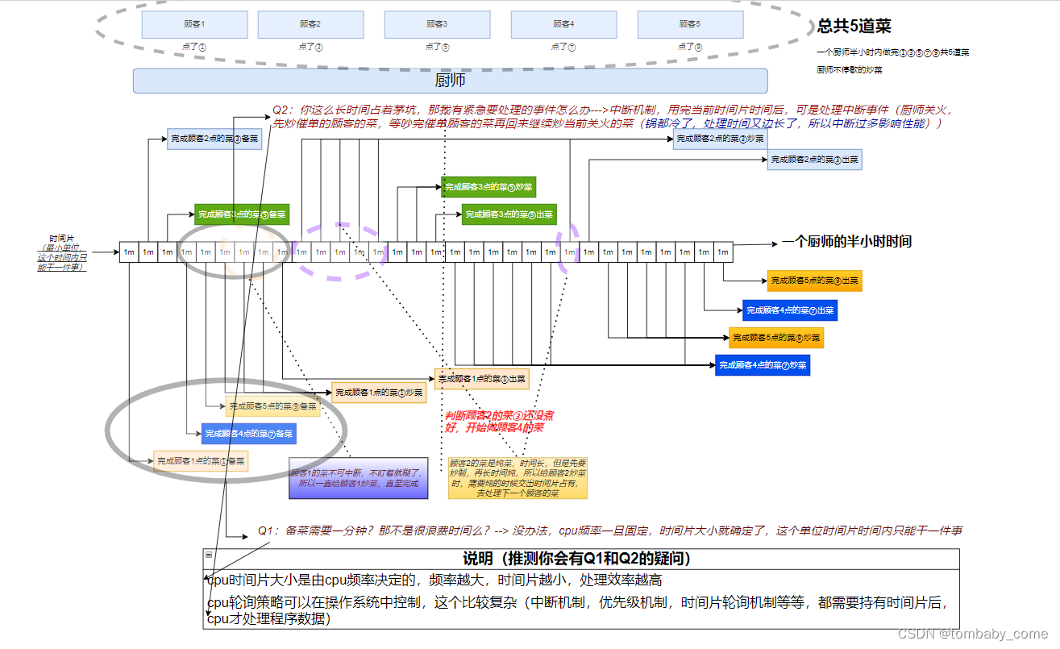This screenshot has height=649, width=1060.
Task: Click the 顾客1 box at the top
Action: [x=194, y=24]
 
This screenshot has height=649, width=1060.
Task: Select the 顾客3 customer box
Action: [x=437, y=24]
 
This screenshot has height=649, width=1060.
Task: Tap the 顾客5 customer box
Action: [x=689, y=24]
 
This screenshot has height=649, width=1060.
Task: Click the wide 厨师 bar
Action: [x=450, y=81]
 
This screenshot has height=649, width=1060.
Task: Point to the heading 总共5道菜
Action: [x=854, y=26]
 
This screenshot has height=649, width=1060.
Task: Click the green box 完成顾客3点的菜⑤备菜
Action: [x=241, y=214]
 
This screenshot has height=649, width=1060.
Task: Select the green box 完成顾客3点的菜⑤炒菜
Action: [x=488, y=187]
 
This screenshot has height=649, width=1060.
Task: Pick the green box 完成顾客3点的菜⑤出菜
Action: [x=509, y=214]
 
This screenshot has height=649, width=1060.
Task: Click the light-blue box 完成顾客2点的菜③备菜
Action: [x=214, y=139]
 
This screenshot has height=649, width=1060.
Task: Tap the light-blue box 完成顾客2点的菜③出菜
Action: [x=814, y=160]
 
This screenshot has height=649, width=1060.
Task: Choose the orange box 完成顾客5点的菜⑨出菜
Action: [x=814, y=281]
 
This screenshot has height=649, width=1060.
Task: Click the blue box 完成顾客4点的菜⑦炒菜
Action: [x=763, y=365]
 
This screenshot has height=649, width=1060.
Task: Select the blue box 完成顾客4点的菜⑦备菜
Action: [x=248, y=434]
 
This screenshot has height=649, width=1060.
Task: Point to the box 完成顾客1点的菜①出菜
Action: [x=482, y=378]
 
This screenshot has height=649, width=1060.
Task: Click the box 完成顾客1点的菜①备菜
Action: [x=201, y=461]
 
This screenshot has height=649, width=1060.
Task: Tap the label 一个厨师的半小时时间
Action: [x=846, y=242]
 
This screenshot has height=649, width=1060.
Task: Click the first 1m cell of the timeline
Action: [x=129, y=252]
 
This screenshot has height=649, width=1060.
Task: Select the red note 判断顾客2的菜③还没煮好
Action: [x=500, y=421]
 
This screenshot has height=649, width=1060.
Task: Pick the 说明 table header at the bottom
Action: [x=580, y=559]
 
